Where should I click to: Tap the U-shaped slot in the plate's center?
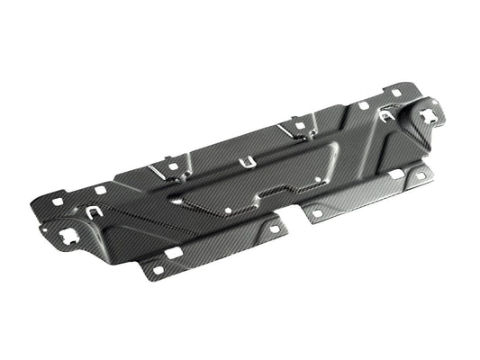243,163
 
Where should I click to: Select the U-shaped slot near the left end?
94,213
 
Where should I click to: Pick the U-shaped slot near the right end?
385,115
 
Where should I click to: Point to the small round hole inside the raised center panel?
229,211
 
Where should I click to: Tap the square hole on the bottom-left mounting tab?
157,270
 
